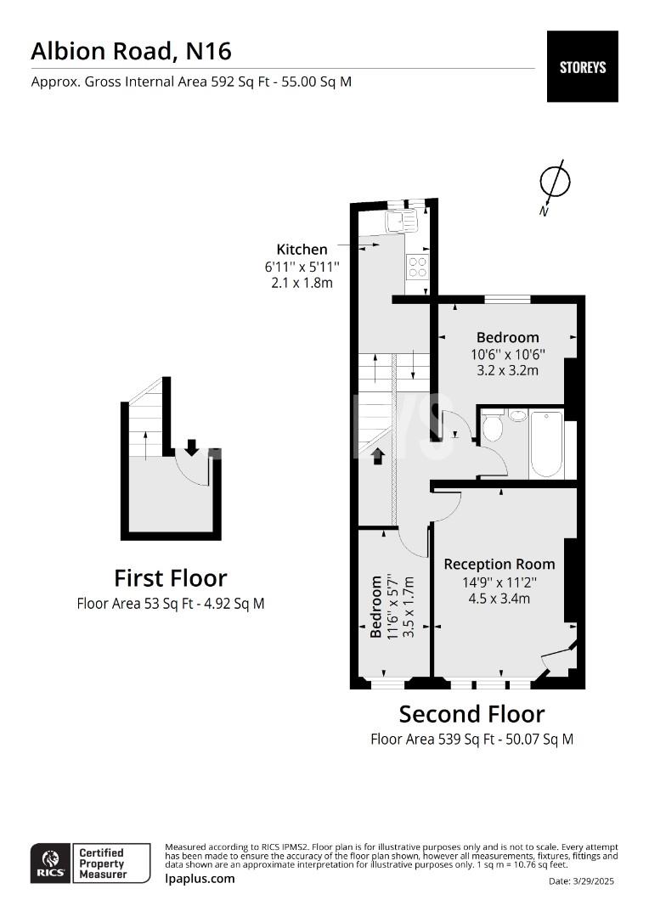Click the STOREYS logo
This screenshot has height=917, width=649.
click(582, 67)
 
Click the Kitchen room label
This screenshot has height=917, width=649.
click(302, 249)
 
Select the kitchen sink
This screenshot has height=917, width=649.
click(401, 222)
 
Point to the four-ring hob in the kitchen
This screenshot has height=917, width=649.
click(417, 267)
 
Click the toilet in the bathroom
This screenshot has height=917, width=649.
click(492, 426)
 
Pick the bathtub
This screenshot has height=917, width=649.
click(546, 444)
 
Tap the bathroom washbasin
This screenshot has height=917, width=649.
click(517, 416)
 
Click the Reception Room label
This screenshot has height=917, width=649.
click(499, 565)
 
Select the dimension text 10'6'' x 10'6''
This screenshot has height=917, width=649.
click(508, 354)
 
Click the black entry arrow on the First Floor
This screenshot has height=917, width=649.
click(191, 447)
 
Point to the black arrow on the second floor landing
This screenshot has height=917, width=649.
click(377, 456)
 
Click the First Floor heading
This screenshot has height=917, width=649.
click(170, 578)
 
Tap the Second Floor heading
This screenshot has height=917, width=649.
click(471, 714)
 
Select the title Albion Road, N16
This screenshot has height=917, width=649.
click(131, 52)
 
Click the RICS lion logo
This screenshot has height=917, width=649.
click(51, 863)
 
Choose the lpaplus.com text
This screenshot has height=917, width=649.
click(200, 879)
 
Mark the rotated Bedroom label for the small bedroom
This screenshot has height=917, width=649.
click(376, 606)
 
